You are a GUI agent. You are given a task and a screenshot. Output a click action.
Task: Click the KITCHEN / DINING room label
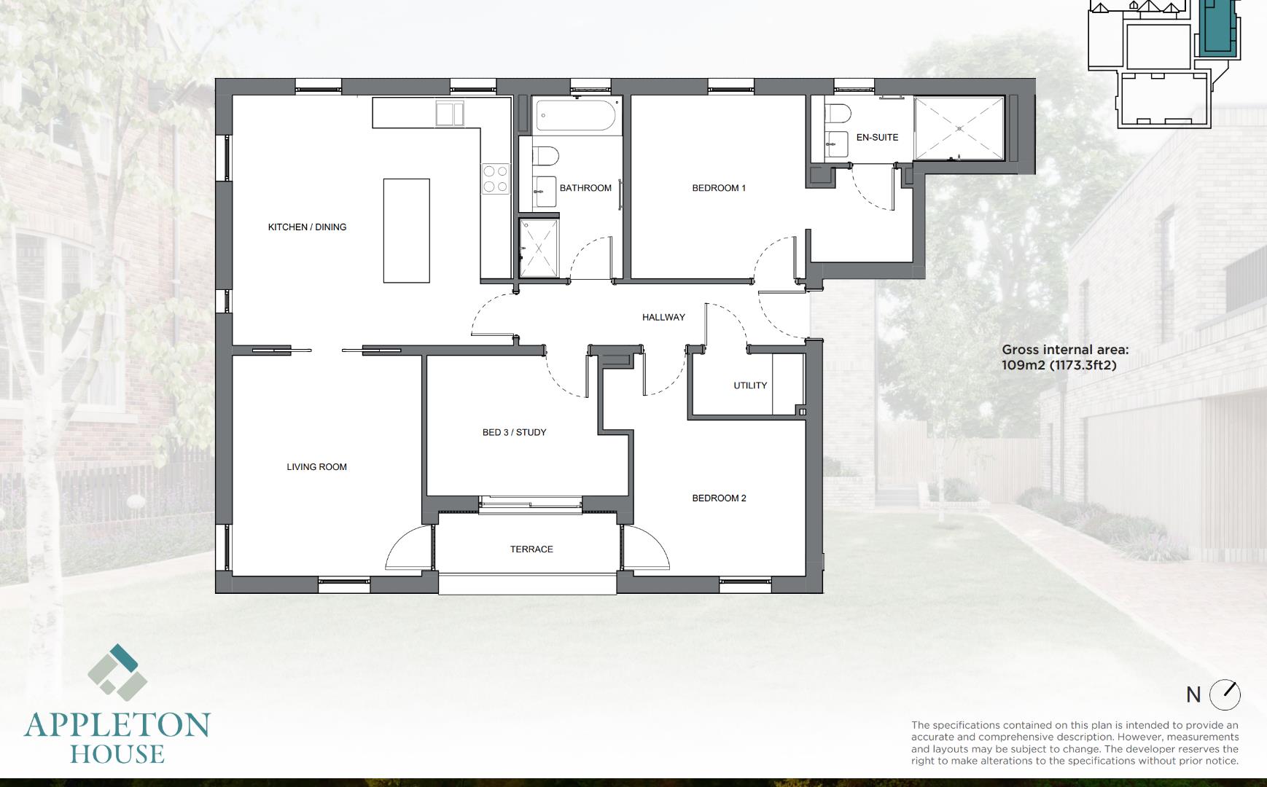click(307, 227)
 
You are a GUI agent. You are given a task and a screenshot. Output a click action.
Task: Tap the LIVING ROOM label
click(316, 467)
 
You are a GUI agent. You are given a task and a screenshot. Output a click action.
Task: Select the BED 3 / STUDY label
click(514, 433)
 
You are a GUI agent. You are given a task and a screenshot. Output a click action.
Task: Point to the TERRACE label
click(531, 549)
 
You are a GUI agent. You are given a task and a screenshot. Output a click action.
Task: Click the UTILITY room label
click(750, 385)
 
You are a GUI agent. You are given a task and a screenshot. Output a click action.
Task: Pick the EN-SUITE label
click(877, 138)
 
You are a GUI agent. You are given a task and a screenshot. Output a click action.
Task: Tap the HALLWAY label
click(663, 318)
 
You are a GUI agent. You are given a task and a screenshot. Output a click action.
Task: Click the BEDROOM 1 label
click(719, 188)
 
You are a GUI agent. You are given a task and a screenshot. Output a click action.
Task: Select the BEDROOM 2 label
click(719, 498)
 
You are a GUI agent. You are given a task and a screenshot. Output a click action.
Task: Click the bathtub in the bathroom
click(577, 115)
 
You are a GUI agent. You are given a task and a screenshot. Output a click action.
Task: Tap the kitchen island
click(407, 230)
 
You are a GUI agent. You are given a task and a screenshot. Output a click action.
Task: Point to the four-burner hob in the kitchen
click(495, 179)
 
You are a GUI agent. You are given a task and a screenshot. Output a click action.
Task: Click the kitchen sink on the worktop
click(450, 114)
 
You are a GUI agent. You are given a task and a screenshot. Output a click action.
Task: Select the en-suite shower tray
click(959, 129)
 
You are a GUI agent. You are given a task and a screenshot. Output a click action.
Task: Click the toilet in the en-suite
click(838, 114)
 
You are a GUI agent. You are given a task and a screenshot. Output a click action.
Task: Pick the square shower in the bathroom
click(539, 248)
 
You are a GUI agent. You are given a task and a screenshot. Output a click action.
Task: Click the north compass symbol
click(1225, 695)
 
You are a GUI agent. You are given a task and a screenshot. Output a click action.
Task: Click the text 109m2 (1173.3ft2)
click(1059, 365)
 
